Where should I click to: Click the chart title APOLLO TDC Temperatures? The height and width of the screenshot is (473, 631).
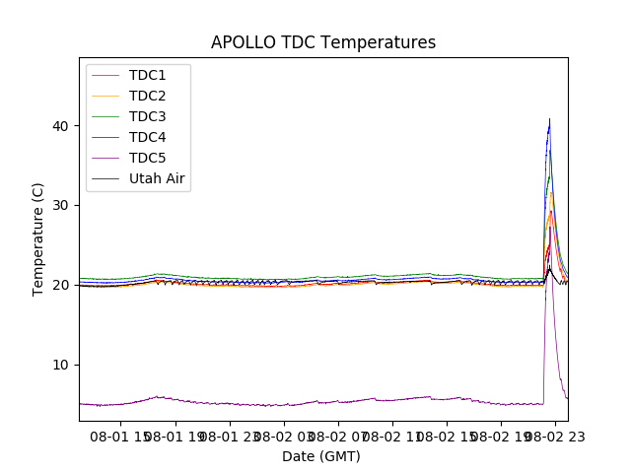coord(323,42)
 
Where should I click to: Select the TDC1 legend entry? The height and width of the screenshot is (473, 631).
coord(148,76)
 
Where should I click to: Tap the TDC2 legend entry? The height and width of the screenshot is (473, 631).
coord(148,97)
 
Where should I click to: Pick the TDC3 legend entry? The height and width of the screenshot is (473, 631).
coord(148,117)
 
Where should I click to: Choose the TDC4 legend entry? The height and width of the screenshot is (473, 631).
coord(148,138)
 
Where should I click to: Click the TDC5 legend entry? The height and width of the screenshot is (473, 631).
coord(148,159)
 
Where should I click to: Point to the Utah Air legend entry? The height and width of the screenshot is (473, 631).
coord(157,179)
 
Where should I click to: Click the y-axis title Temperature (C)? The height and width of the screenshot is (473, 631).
coord(39,238)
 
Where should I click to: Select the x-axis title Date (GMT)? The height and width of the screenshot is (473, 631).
coord(321,456)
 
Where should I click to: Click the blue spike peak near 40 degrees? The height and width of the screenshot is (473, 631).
coord(549,120)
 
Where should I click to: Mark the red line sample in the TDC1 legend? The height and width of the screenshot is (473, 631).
coord(105,76)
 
